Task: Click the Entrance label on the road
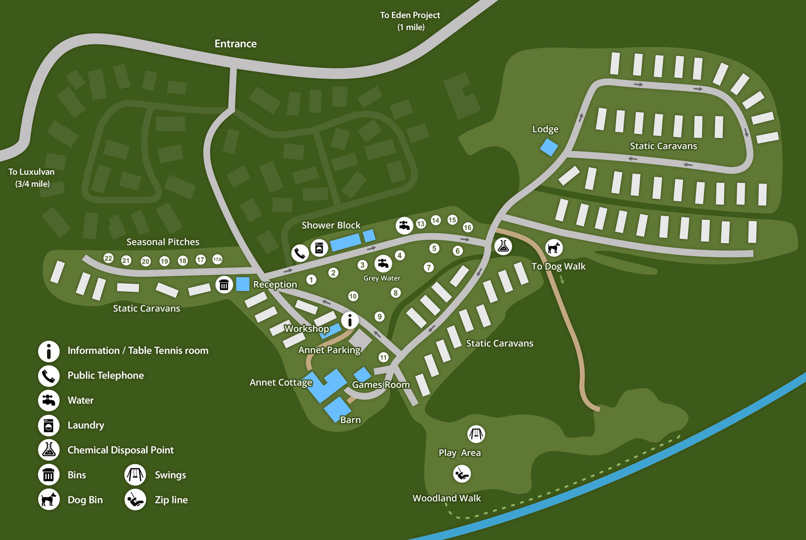click(x=235, y=44)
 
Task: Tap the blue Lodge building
click(x=549, y=147)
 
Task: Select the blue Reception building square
click(x=243, y=284)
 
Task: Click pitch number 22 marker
click(x=108, y=258)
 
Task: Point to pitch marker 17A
click(x=217, y=260)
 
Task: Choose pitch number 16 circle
click(x=467, y=227)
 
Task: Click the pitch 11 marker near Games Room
click(x=383, y=357)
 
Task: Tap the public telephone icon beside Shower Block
click(x=300, y=253)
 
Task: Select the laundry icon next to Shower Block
click(x=319, y=248)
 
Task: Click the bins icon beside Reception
click(x=224, y=285)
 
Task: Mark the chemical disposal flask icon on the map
click(x=503, y=246)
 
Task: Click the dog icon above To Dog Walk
click(x=554, y=247)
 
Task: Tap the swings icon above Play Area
click(x=476, y=434)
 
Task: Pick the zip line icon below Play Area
click(x=461, y=474)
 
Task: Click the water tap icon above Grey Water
click(x=383, y=264)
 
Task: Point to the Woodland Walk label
click(x=447, y=498)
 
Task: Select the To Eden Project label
click(x=410, y=21)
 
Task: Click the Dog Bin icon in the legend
click(x=49, y=499)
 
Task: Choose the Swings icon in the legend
click(x=135, y=475)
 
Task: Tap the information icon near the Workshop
click(x=350, y=320)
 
